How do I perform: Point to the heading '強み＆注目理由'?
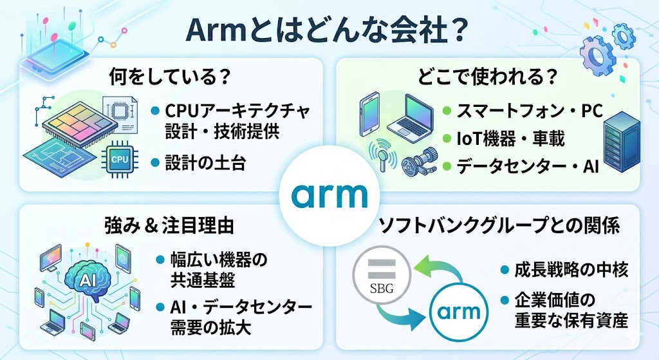pyautogui.click(x=169, y=226)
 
